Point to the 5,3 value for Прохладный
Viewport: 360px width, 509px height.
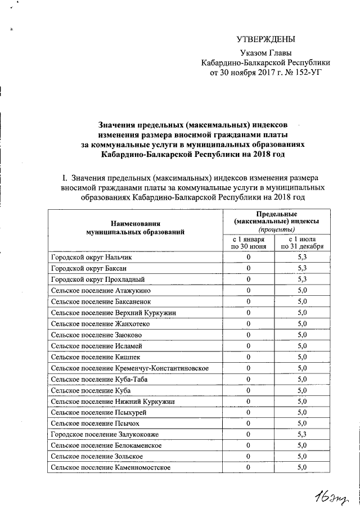(x=301, y=279)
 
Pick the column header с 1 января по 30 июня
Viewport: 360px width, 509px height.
(x=249, y=242)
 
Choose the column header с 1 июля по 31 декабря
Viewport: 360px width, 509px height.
(x=302, y=242)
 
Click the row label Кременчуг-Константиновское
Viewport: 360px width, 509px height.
(x=130, y=368)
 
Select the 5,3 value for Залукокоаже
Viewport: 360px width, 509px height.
(x=301, y=434)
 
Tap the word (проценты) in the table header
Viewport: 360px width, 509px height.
(x=276, y=230)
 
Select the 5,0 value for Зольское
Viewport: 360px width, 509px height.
(x=301, y=456)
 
